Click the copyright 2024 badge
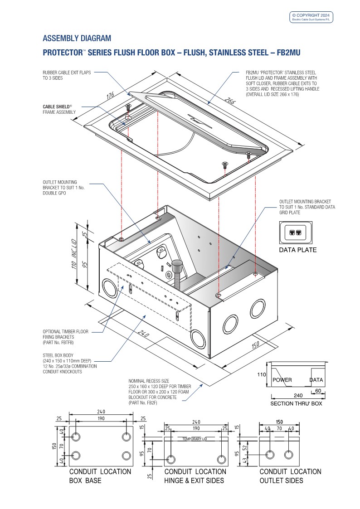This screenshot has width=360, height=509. (312, 17)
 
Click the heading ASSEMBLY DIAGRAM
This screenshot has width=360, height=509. (77, 38)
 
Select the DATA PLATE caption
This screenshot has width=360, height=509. (297, 250)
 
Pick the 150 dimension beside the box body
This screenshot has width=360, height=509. (256, 345)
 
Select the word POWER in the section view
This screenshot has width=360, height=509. (282, 380)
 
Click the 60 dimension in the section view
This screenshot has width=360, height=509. (317, 391)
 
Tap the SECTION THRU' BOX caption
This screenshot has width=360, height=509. (296, 403)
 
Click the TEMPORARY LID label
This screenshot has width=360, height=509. (194, 439)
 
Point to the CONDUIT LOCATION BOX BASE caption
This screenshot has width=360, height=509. (100, 476)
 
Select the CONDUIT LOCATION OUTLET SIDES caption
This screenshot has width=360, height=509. (290, 476)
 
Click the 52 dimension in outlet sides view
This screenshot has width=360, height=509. (245, 447)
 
